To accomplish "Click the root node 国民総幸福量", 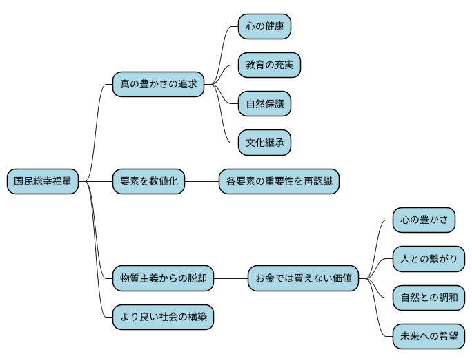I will click(x=43, y=182).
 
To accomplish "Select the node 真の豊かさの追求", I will click(x=159, y=85).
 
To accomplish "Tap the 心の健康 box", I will click(x=264, y=27).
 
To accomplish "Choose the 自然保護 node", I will click(x=264, y=105).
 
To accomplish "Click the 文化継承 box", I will click(x=264, y=143).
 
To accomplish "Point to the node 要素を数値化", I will click(x=149, y=182).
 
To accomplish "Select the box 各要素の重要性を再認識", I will click(x=279, y=182).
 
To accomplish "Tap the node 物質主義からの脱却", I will click(x=163, y=279).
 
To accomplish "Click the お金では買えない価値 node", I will click(x=304, y=279).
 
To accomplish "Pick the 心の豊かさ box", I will click(x=424, y=220).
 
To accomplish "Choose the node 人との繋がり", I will click(x=429, y=260).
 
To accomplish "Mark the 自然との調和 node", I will click(x=429, y=298).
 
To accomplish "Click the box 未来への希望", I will click(x=429, y=337).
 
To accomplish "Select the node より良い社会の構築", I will click(x=163, y=318).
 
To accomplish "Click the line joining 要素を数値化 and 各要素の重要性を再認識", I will click(x=201, y=182).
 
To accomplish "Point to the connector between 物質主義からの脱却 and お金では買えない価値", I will click(x=230, y=279).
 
